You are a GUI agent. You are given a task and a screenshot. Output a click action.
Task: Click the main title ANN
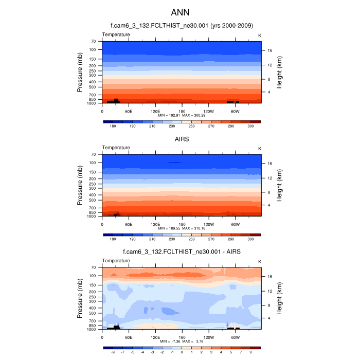coord(181,11)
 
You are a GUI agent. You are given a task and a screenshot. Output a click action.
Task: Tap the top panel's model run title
coord(182,25)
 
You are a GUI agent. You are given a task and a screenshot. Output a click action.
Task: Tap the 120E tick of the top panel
coord(155,111)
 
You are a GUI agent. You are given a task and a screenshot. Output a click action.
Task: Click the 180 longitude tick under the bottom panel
coord(182,337)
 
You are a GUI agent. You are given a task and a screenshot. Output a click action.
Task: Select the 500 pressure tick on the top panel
coord(93,87)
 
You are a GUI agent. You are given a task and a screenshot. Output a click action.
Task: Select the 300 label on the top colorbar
coord(250,126)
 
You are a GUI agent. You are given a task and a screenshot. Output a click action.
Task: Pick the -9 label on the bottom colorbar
coord(112,353)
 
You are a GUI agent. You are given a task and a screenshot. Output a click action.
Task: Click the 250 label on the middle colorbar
coord(191,239)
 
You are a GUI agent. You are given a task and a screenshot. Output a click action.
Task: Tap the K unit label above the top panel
coord(260,35)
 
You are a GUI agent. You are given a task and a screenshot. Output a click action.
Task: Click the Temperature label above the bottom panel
coord(116,261)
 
